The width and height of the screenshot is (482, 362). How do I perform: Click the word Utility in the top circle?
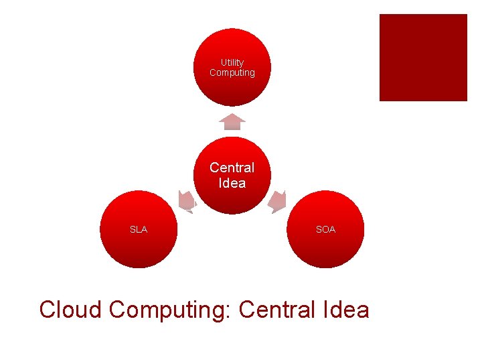pyautogui.click(x=232, y=62)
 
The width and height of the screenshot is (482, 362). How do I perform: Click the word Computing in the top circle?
pyautogui.click(x=232, y=72)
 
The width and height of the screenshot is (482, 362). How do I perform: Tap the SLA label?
pyautogui.click(x=139, y=229)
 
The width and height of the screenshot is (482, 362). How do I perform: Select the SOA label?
pyautogui.click(x=326, y=229)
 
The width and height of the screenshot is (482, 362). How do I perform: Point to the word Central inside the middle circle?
pyautogui.click(x=232, y=168)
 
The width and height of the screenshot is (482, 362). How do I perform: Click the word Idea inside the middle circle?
pyautogui.click(x=232, y=183)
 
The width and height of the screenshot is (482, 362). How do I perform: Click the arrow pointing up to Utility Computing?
pyautogui.click(x=232, y=121)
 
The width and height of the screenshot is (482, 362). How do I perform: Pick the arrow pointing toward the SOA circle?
pyautogui.click(x=278, y=201)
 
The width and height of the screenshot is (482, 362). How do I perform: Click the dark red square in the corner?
pyautogui.click(x=423, y=58)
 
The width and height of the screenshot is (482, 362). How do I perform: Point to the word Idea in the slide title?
pyautogui.click(x=348, y=310)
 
